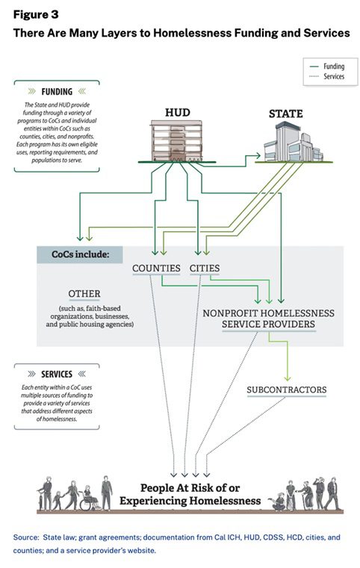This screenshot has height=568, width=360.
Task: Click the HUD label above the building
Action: pos(178,112)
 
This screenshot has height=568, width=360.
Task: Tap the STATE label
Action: pos(285,113)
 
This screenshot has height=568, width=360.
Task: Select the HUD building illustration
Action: pos(176,141)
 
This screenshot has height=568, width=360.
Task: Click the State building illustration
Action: pos(293,142)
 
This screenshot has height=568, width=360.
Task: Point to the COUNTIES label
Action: pos(156,269)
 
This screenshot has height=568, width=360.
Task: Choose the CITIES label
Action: pos(205,269)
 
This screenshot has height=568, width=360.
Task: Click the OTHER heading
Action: pos(84,294)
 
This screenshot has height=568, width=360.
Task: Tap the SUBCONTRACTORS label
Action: pos(287,390)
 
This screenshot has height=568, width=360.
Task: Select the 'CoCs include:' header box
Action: pos(80,255)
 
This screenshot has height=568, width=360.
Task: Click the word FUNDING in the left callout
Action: pos(57,92)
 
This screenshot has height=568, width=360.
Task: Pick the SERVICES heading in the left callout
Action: pos(57,374)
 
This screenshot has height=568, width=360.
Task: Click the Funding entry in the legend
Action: pos(327,66)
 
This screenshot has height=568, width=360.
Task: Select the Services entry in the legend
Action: pos(327,76)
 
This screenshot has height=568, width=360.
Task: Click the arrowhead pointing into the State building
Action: pos(258,156)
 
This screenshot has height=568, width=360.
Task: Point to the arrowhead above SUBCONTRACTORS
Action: pos(287,378)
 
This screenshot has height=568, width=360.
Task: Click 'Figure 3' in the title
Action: pos(36,14)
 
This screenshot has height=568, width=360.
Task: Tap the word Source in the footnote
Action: pos(25,537)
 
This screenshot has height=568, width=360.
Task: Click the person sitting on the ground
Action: pos(278,502)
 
